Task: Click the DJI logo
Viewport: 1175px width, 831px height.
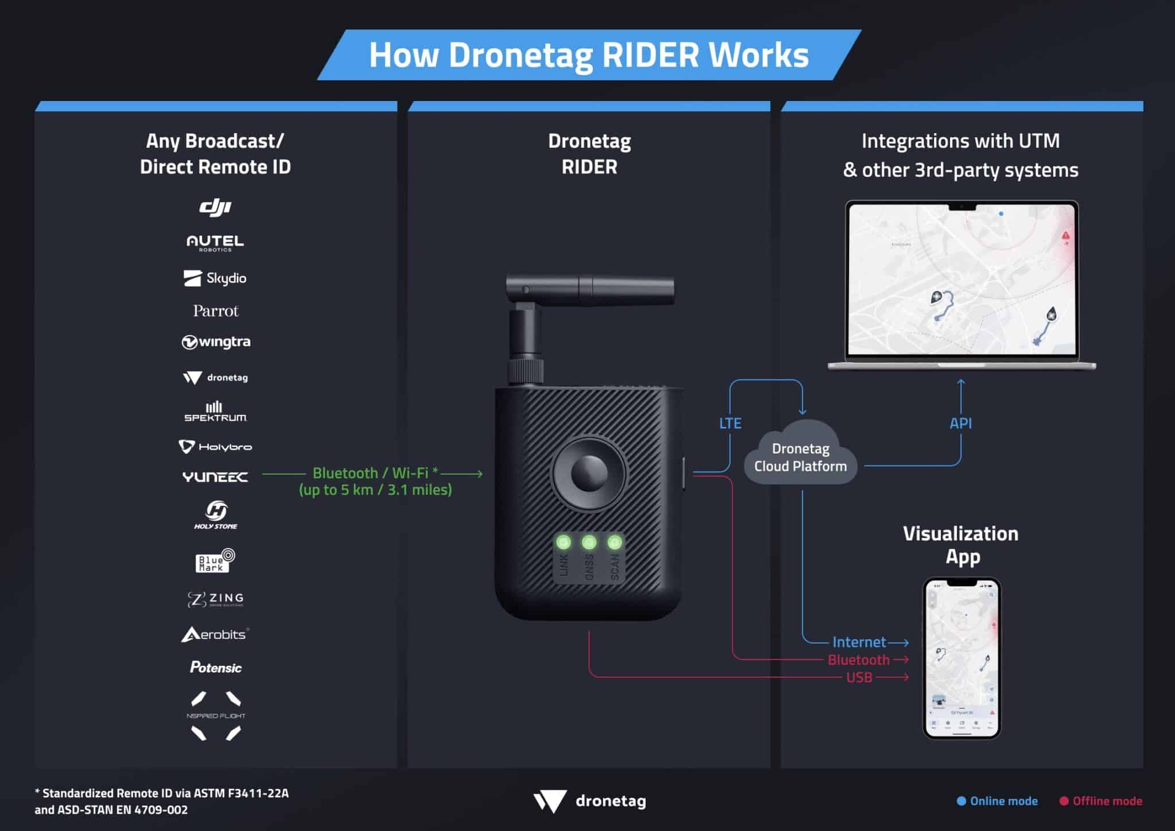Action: click(215, 207)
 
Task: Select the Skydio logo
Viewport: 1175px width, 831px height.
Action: click(215, 278)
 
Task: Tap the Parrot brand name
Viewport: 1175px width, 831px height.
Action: click(215, 311)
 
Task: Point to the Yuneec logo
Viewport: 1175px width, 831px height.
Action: click(215, 477)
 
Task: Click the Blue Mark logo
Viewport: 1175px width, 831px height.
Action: click(215, 561)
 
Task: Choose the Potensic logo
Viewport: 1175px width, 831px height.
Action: click(216, 667)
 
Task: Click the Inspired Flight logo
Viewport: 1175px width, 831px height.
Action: click(216, 716)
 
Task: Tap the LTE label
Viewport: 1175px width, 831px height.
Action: click(730, 424)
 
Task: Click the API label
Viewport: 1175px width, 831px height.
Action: click(960, 424)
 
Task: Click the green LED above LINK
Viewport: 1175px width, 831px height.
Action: click(563, 542)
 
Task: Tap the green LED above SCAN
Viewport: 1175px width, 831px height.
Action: click(614, 542)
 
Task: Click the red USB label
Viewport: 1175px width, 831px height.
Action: click(859, 678)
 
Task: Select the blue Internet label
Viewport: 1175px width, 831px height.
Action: click(859, 642)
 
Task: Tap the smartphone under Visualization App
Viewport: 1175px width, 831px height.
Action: click(962, 658)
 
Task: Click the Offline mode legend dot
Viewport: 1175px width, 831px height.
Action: click(1064, 801)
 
